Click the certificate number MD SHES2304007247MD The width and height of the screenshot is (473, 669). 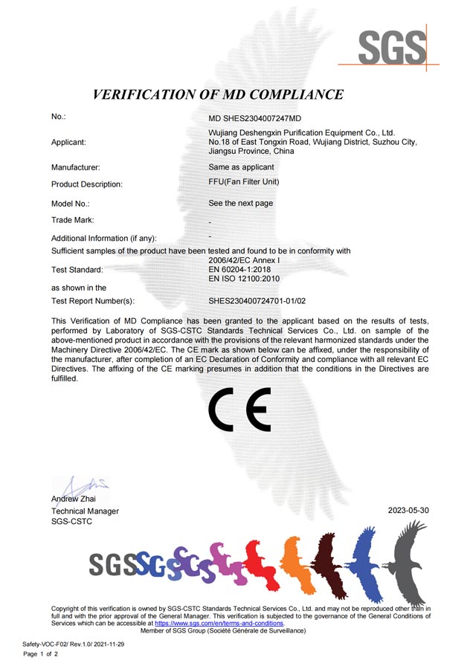coord(255,118)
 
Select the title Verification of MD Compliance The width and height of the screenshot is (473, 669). coord(218,94)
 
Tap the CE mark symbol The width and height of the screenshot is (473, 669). coord(239,410)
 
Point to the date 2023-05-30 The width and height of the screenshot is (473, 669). coord(408,511)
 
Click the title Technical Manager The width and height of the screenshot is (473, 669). coord(85,511)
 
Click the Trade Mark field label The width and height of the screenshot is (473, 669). coord(73,220)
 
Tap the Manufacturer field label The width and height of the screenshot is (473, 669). coord(76,168)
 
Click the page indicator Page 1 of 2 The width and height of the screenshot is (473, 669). coord(40,654)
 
